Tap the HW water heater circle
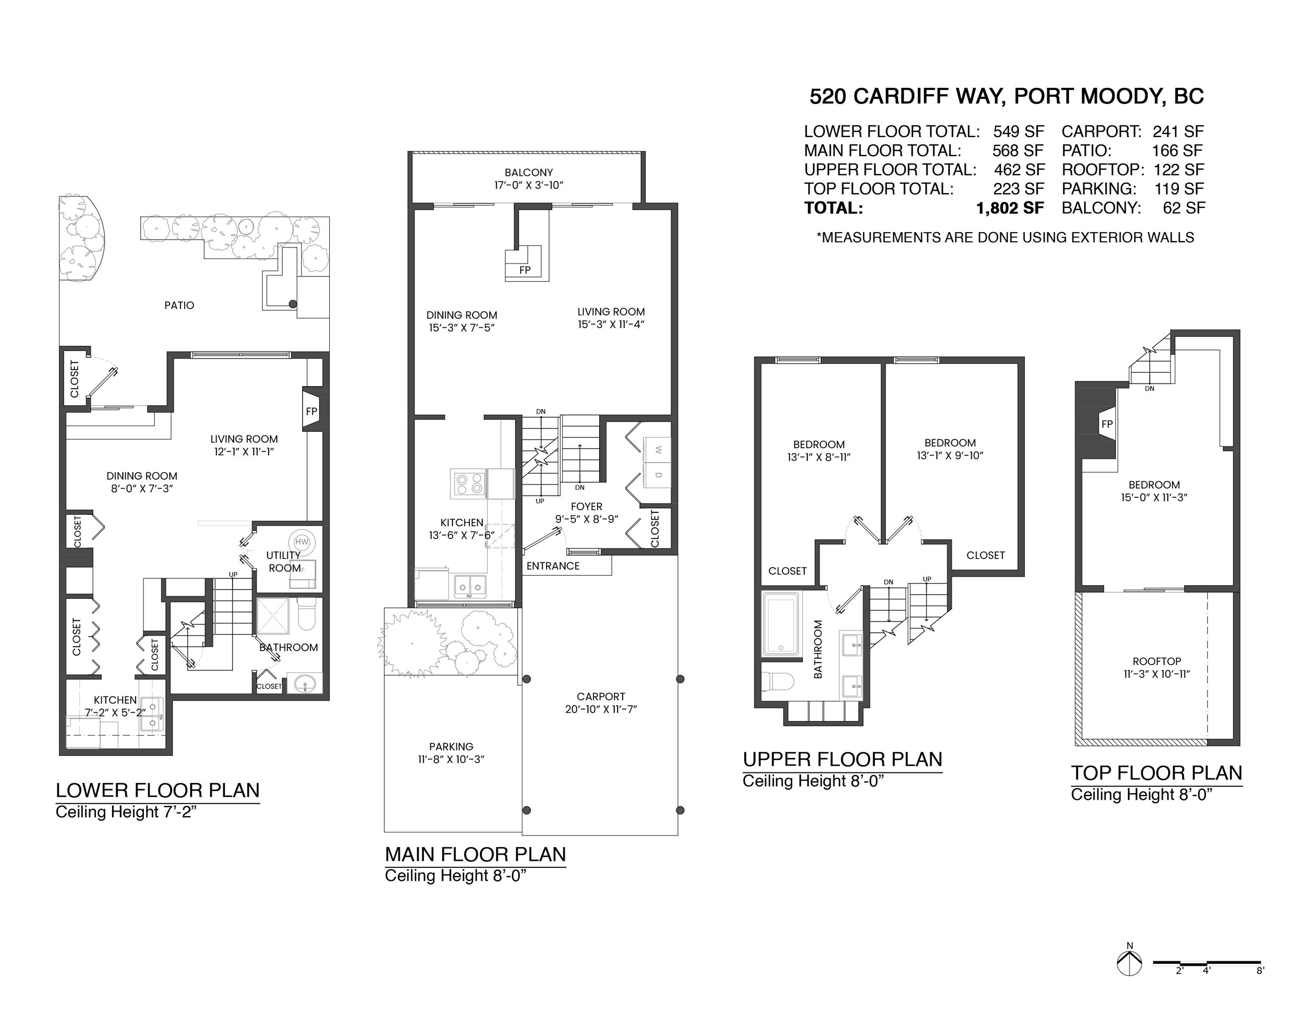pos(302,542)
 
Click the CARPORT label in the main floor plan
pos(601,696)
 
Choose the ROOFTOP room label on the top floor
pos(1156,661)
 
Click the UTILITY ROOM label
pos(284,561)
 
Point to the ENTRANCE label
pos(553,566)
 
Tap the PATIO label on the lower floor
pos(179,306)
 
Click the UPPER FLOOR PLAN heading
pos(842,759)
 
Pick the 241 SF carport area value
pos(1178,131)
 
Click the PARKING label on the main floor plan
pos(451,746)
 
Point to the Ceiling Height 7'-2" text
pos(126,812)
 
